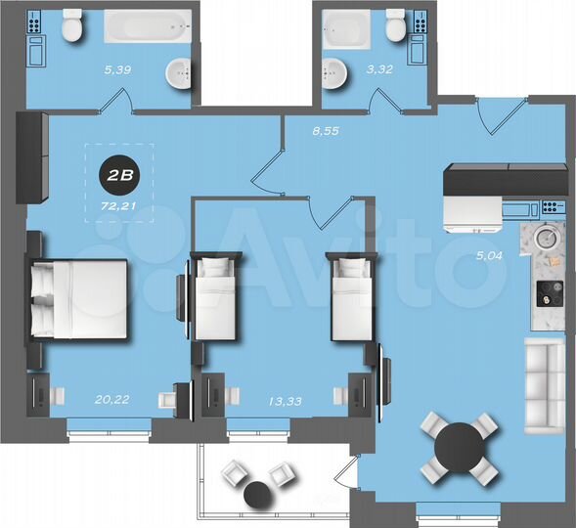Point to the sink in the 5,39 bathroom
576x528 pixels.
179,71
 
